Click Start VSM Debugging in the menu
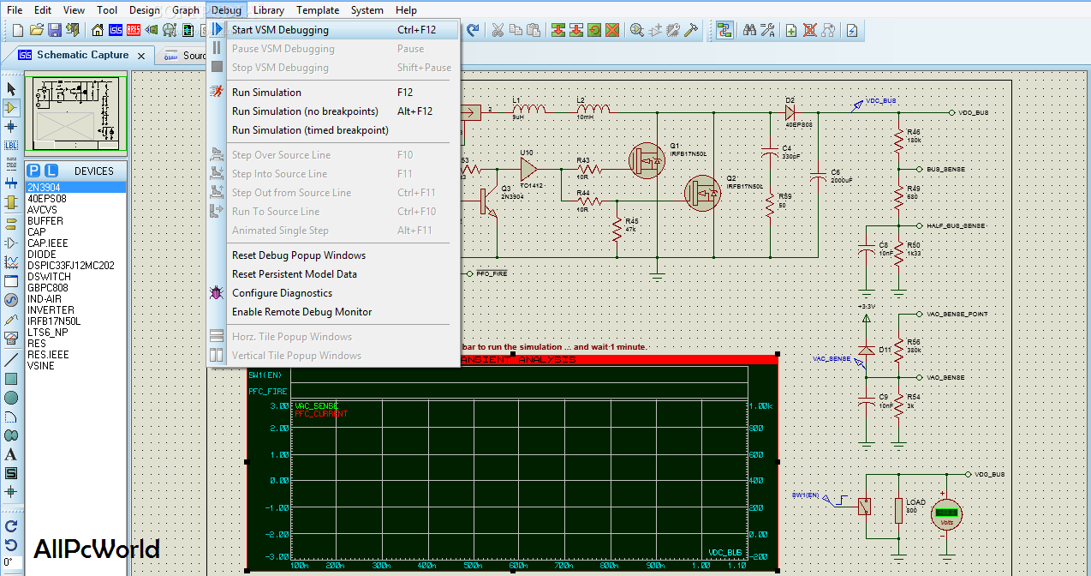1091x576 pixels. tap(280, 30)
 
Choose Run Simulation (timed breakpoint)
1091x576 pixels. tap(310, 130)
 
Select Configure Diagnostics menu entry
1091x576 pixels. tap(282, 293)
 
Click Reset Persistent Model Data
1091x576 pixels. tap(294, 274)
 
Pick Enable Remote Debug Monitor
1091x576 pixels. tap(301, 312)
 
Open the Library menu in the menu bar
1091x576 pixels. tap(269, 10)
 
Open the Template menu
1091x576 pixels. tap(318, 10)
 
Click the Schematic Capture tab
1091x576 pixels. tap(82, 55)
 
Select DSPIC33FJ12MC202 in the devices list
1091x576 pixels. tap(70, 266)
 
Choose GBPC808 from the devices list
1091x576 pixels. tap(47, 288)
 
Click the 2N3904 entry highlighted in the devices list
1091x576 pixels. tap(45, 188)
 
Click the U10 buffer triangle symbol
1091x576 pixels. tap(528, 168)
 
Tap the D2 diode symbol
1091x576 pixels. tap(790, 111)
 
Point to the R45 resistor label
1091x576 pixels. tap(632, 220)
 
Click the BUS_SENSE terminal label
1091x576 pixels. tap(945, 170)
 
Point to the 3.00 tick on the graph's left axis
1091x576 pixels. tap(279, 406)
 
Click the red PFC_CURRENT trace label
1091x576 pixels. tap(321, 414)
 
